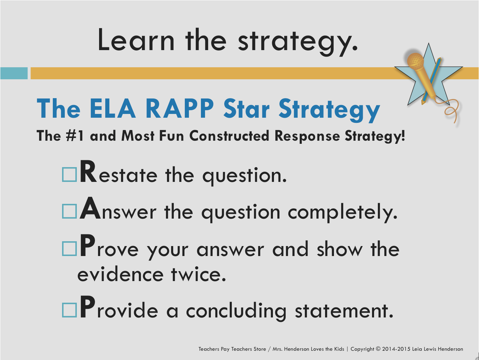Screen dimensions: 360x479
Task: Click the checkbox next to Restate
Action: point(69,174)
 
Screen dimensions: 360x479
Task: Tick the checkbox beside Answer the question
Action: point(69,211)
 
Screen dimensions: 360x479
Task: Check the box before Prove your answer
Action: point(69,248)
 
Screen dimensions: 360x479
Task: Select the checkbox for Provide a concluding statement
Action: point(69,310)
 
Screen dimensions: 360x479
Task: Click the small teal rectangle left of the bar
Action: point(14,73)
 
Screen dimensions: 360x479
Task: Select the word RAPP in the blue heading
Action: point(179,109)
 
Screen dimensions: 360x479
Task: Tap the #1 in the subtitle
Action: point(74,136)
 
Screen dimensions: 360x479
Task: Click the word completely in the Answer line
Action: point(343,212)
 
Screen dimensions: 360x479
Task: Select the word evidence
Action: point(120,274)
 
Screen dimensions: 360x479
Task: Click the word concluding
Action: point(236,311)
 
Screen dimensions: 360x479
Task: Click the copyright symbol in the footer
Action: point(378,349)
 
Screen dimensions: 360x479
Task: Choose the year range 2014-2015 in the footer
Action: point(396,349)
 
